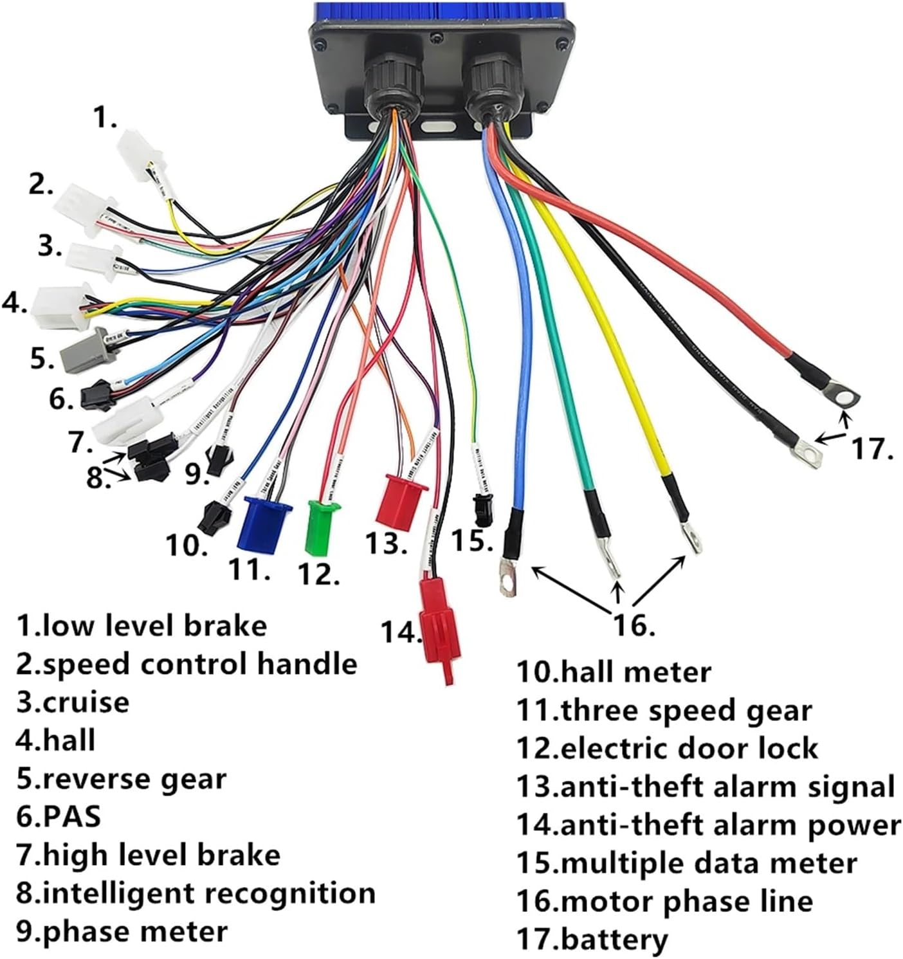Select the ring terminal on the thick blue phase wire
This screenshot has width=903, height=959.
point(508,577)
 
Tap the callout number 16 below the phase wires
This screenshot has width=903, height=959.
point(634,624)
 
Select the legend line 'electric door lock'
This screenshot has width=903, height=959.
point(668,749)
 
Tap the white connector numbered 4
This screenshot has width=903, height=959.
point(57,305)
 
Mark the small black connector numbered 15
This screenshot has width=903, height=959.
point(480,506)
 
